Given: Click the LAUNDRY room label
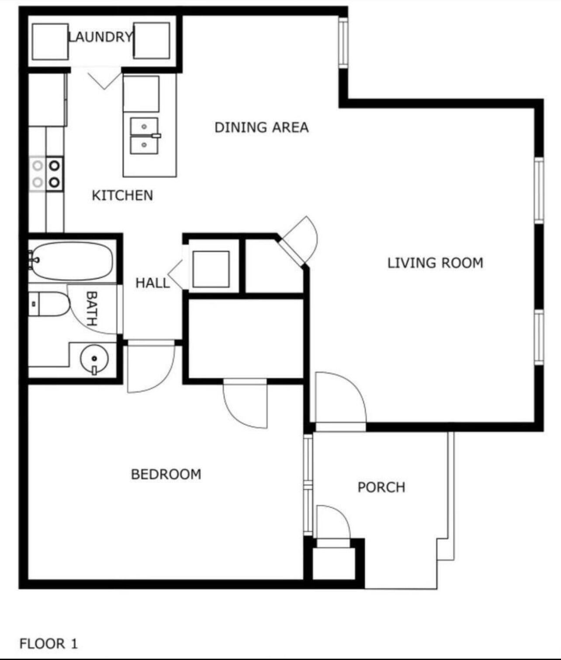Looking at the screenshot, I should (100, 37).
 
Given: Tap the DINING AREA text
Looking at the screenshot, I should (261, 128).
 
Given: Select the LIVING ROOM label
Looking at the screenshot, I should (435, 263).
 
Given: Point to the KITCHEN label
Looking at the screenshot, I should (122, 195).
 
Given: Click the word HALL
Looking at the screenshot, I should (152, 283).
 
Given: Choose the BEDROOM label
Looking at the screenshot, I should (166, 474).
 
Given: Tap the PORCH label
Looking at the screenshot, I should (381, 487).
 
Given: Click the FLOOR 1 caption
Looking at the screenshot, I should (48, 644).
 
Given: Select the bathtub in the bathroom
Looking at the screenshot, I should (73, 261).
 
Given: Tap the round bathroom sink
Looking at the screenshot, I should (94, 359).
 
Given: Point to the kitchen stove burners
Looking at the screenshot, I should (46, 174).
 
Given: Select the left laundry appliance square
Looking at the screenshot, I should (50, 42).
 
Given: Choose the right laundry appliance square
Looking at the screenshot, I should (152, 41).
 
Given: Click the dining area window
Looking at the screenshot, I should (343, 42).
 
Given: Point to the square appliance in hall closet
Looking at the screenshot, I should (211, 269).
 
